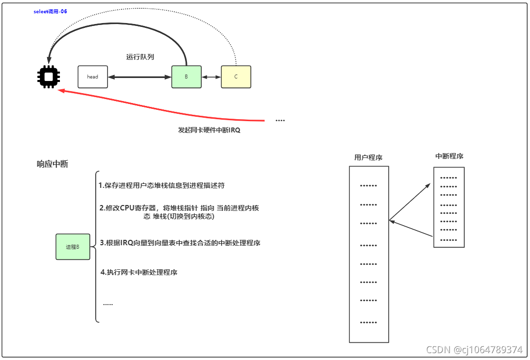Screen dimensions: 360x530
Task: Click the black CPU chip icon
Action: pyautogui.click(x=49, y=77)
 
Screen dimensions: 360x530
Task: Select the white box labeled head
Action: pyautogui.click(x=93, y=77)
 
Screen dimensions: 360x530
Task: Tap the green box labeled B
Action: pyautogui.click(x=186, y=77)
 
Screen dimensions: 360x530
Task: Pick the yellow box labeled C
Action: pyautogui.click(x=236, y=77)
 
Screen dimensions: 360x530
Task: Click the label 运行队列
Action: pyautogui.click(x=140, y=57)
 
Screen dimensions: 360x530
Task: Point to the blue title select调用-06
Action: pyautogui.click(x=50, y=12)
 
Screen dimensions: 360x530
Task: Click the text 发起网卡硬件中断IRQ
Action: pyautogui.click(x=209, y=130)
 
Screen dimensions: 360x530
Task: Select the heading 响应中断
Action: pyautogui.click(x=53, y=164)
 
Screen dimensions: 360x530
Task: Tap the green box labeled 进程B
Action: pyautogui.click(x=73, y=247)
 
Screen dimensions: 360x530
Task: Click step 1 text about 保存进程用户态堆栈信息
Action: pyautogui.click(x=161, y=185)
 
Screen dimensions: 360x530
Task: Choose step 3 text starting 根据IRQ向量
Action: pyautogui.click(x=180, y=243)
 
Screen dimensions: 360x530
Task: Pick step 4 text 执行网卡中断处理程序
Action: pyautogui.click(x=139, y=272)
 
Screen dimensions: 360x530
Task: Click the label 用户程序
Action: pyautogui.click(x=368, y=157)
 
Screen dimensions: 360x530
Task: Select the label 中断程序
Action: pyautogui.click(x=449, y=156)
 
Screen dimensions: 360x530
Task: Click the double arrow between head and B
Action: pyautogui.click(x=140, y=77)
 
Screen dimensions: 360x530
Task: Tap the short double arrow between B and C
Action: pyautogui.click(x=211, y=77)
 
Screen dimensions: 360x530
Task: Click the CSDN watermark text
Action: pyautogui.click(x=474, y=349)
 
